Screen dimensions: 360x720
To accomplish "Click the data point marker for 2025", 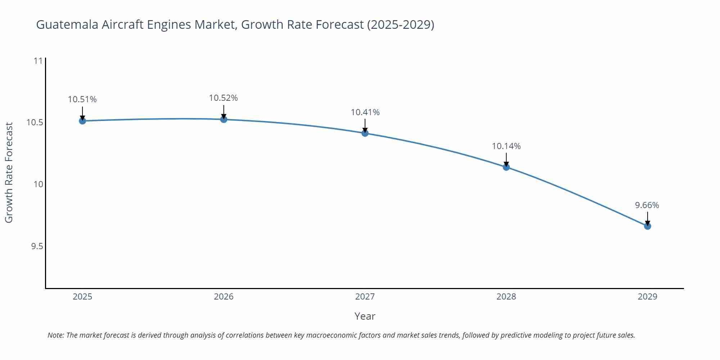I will tap(82, 121).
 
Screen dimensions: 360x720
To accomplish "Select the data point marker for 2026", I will tap(224, 120).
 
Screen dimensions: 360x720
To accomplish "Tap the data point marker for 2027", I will tap(365, 133).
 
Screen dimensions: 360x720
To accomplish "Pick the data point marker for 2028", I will tap(506, 167).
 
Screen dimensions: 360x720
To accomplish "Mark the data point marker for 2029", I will tap(647, 226).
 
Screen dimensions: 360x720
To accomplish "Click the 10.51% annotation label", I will tap(82, 99).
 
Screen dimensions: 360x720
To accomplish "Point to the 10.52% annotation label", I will tap(224, 98).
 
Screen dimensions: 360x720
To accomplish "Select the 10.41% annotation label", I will tap(365, 112).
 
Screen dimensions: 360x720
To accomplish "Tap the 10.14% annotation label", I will tap(506, 146).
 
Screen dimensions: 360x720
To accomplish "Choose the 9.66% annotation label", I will tap(647, 205).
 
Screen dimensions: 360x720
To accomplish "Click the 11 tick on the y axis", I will tap(38, 61).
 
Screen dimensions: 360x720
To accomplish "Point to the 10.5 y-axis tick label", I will tap(35, 123).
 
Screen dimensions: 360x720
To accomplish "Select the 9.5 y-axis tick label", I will tap(37, 246).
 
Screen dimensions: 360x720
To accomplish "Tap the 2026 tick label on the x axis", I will tap(224, 297).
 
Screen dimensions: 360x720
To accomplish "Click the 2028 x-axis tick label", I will tap(506, 297).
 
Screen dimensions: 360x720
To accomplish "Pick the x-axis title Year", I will tap(365, 316).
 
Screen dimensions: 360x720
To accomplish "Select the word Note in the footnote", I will tap(55, 335).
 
